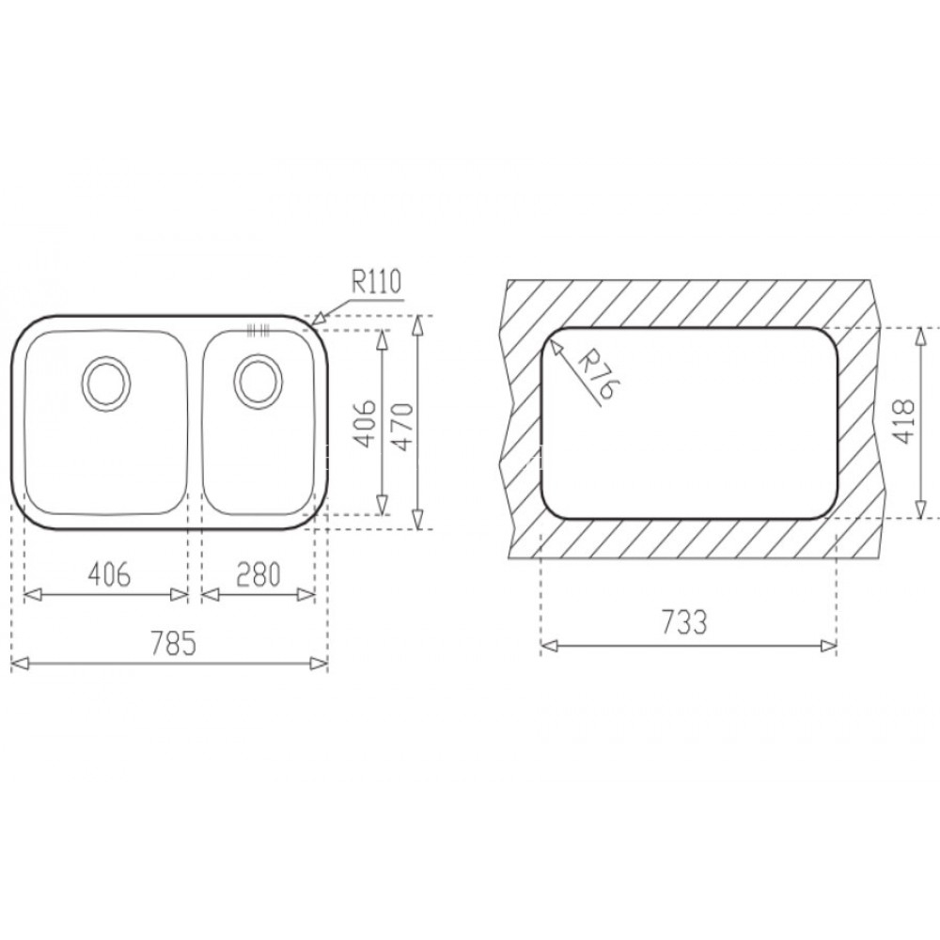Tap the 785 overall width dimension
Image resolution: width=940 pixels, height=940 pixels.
(x=174, y=645)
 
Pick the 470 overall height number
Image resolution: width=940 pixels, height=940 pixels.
(x=402, y=423)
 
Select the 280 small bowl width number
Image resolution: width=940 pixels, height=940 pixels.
(x=259, y=574)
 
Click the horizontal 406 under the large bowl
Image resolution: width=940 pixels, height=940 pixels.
(x=105, y=574)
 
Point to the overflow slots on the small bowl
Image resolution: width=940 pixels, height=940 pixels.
(x=256, y=330)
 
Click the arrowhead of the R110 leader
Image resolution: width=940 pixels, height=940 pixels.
(x=317, y=320)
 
